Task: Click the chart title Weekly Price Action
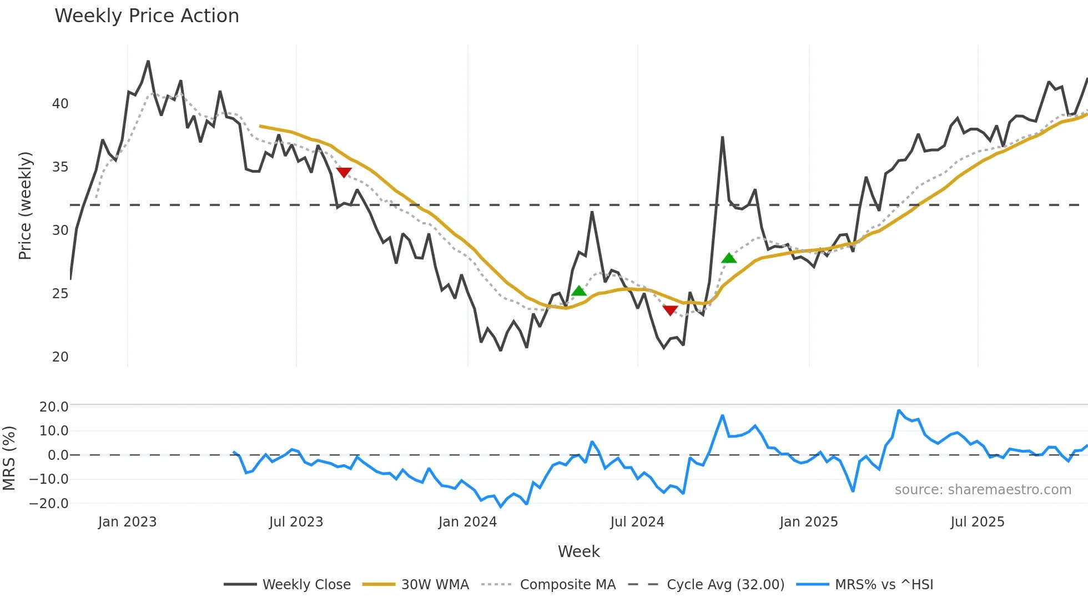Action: pos(147,16)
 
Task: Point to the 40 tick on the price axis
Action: pos(61,104)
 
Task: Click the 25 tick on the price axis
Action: pos(61,294)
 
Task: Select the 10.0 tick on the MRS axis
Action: pos(54,431)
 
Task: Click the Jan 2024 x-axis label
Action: pos(467,522)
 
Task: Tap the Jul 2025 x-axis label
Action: pos(977,522)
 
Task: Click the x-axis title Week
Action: pos(578,551)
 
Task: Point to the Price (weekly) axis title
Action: pos(25,205)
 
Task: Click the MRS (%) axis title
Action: pos(9,458)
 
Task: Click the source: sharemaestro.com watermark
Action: pos(983,490)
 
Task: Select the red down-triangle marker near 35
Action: pos(344,173)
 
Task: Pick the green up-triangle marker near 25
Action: pos(579,290)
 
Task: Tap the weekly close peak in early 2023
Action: pos(148,62)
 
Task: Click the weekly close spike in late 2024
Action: pos(722,137)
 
